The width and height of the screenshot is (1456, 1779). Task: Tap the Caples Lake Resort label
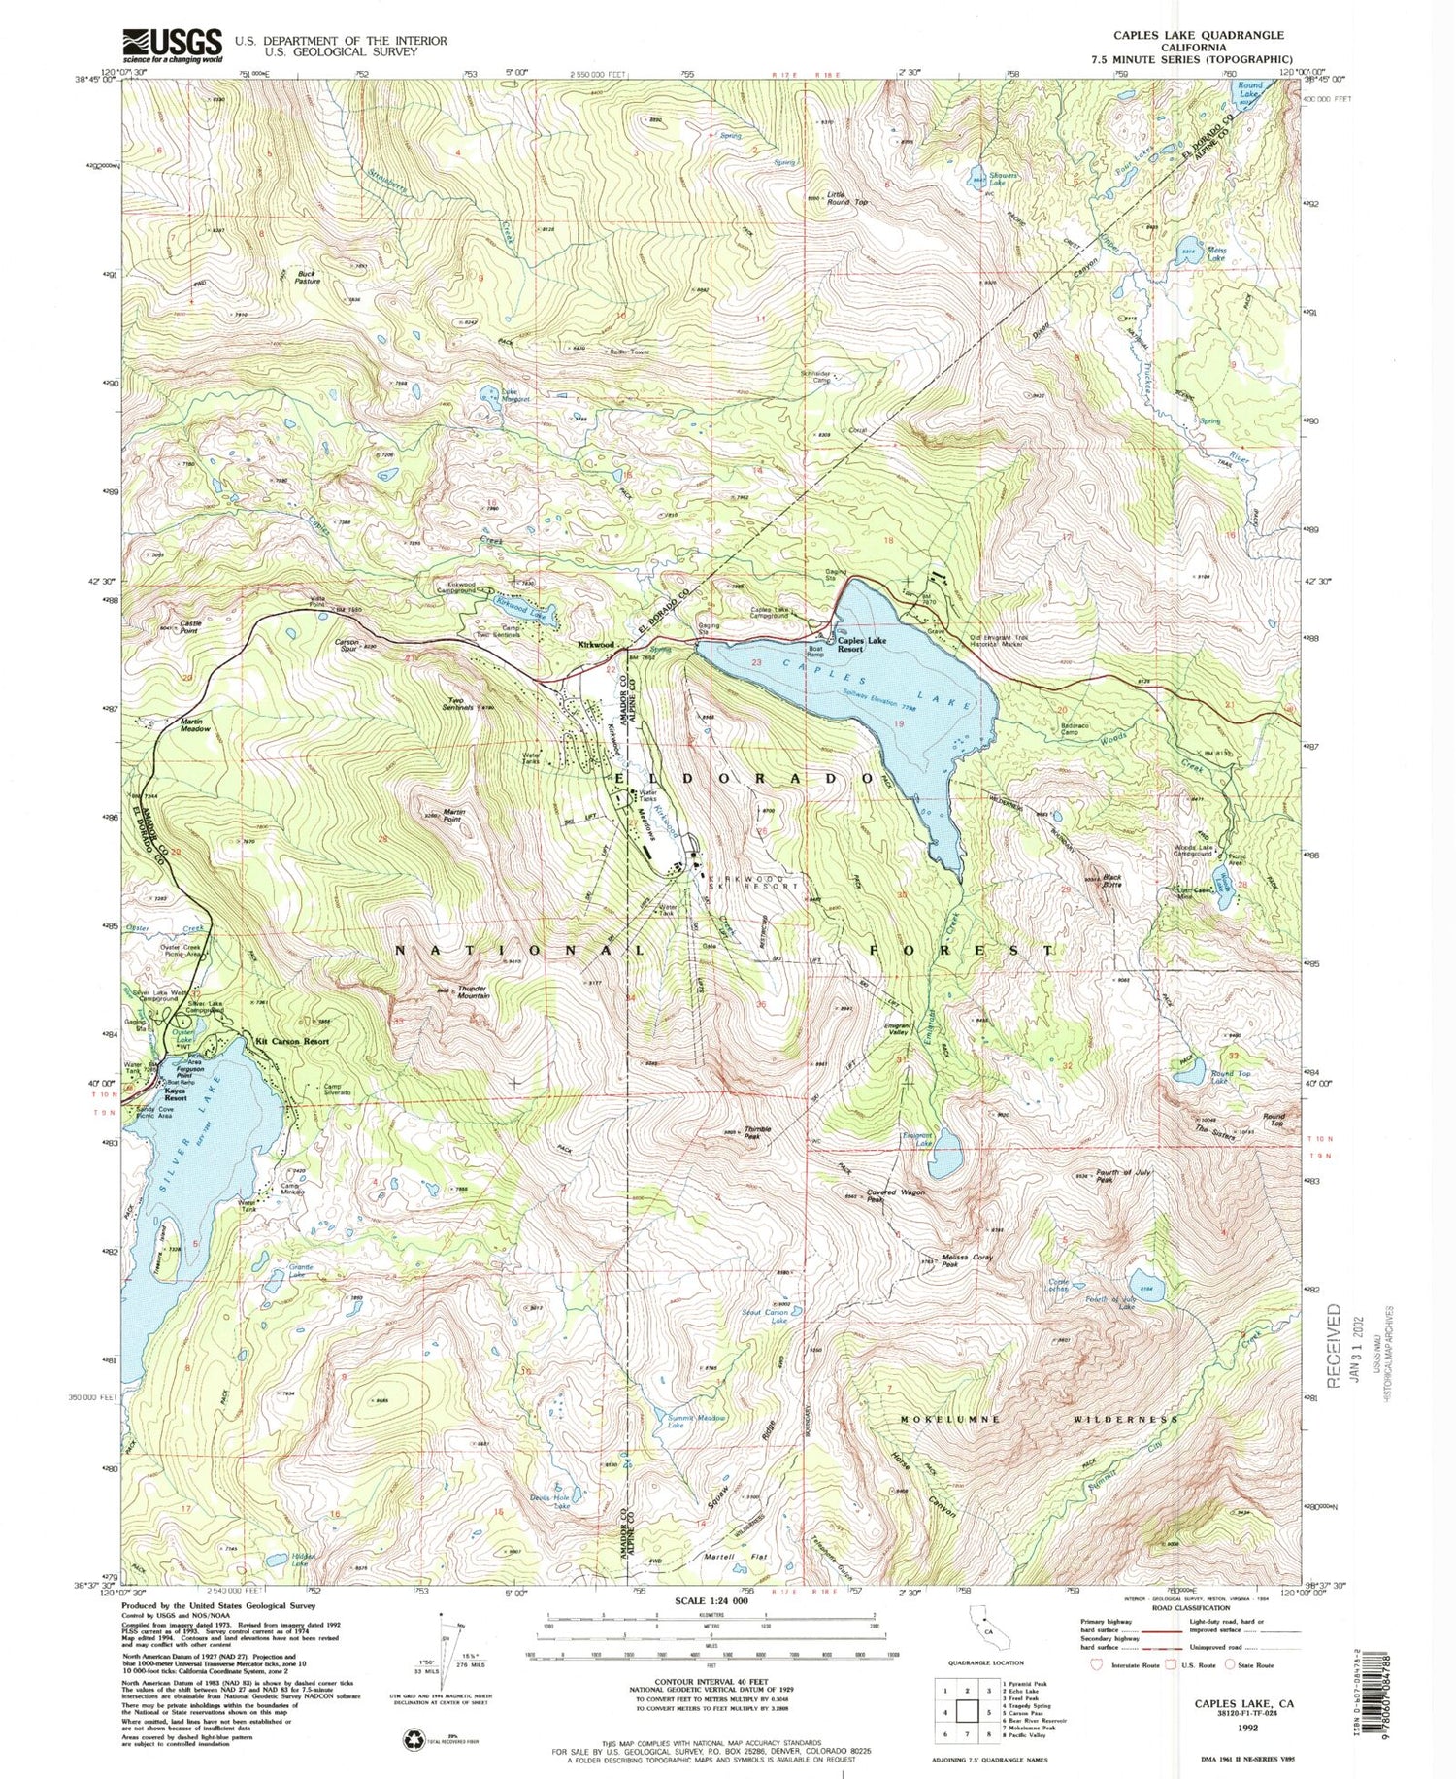click(x=863, y=646)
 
